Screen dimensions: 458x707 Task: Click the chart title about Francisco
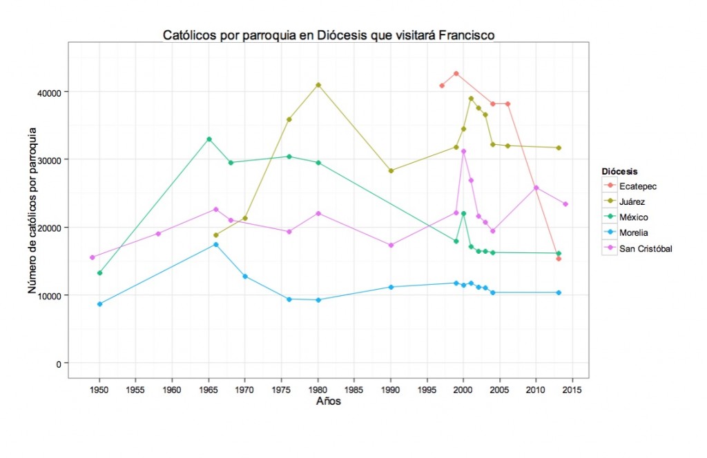(x=328, y=34)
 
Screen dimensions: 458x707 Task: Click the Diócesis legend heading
(x=619, y=170)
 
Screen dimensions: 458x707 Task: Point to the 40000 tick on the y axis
(x=50, y=92)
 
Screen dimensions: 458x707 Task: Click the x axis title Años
(x=328, y=401)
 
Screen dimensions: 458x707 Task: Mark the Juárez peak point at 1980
(x=318, y=85)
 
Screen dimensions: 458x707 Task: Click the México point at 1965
(x=209, y=139)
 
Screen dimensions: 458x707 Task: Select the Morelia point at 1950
(x=100, y=304)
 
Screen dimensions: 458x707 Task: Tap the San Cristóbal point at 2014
(x=565, y=204)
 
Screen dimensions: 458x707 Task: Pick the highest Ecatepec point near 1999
(x=456, y=74)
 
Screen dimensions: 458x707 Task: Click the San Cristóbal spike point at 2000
(x=464, y=151)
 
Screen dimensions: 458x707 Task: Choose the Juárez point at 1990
(x=391, y=170)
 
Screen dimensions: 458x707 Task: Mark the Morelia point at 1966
(x=216, y=245)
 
